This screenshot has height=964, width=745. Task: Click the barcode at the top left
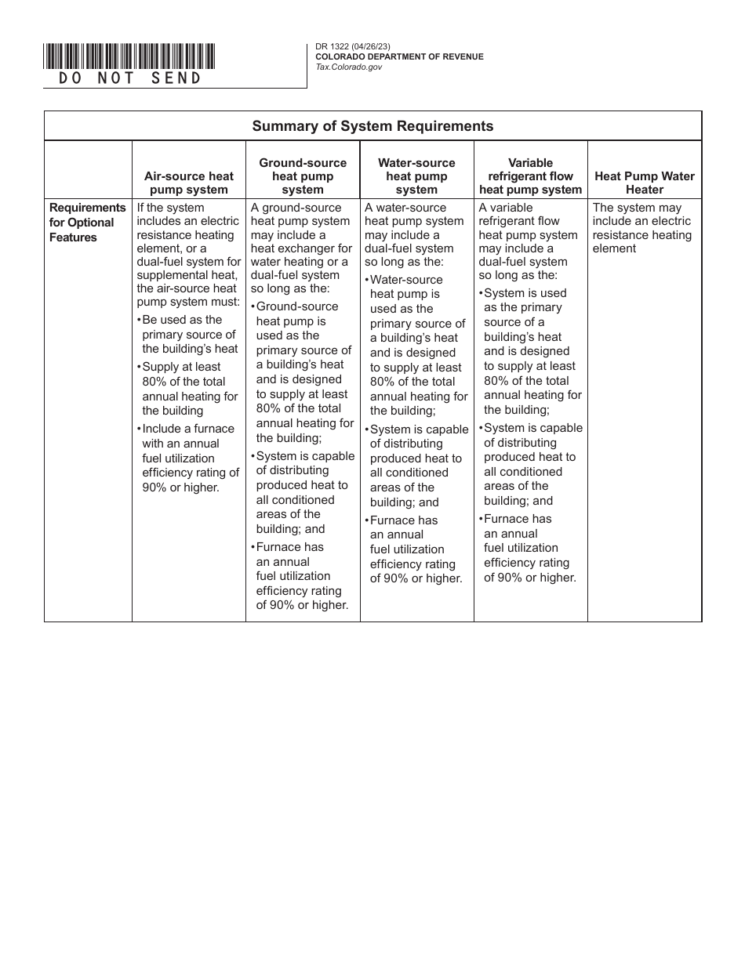[x=129, y=56]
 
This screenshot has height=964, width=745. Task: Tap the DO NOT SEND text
[x=130, y=78]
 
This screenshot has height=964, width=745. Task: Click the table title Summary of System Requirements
[x=372, y=126]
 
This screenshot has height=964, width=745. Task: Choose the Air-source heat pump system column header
[x=189, y=183]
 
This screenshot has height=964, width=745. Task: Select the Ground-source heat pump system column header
[x=303, y=176]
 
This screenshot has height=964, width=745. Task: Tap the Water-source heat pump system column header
[x=416, y=176]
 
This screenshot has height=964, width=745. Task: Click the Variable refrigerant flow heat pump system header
[x=530, y=176]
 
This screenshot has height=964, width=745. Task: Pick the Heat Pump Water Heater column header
[x=644, y=183]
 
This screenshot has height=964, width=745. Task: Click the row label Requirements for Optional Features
[x=87, y=223]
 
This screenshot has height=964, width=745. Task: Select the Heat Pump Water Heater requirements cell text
[x=642, y=228]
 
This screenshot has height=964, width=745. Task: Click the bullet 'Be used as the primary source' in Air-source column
[x=188, y=335]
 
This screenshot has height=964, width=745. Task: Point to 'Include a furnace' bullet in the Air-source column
[x=188, y=458]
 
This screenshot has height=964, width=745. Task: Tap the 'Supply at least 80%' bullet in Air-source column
[x=188, y=389]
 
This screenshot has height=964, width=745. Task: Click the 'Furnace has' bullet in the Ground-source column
[x=302, y=576]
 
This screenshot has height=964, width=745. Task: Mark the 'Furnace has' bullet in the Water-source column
[x=416, y=549]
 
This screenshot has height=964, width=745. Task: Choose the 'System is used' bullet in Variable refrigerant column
[x=530, y=351]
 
